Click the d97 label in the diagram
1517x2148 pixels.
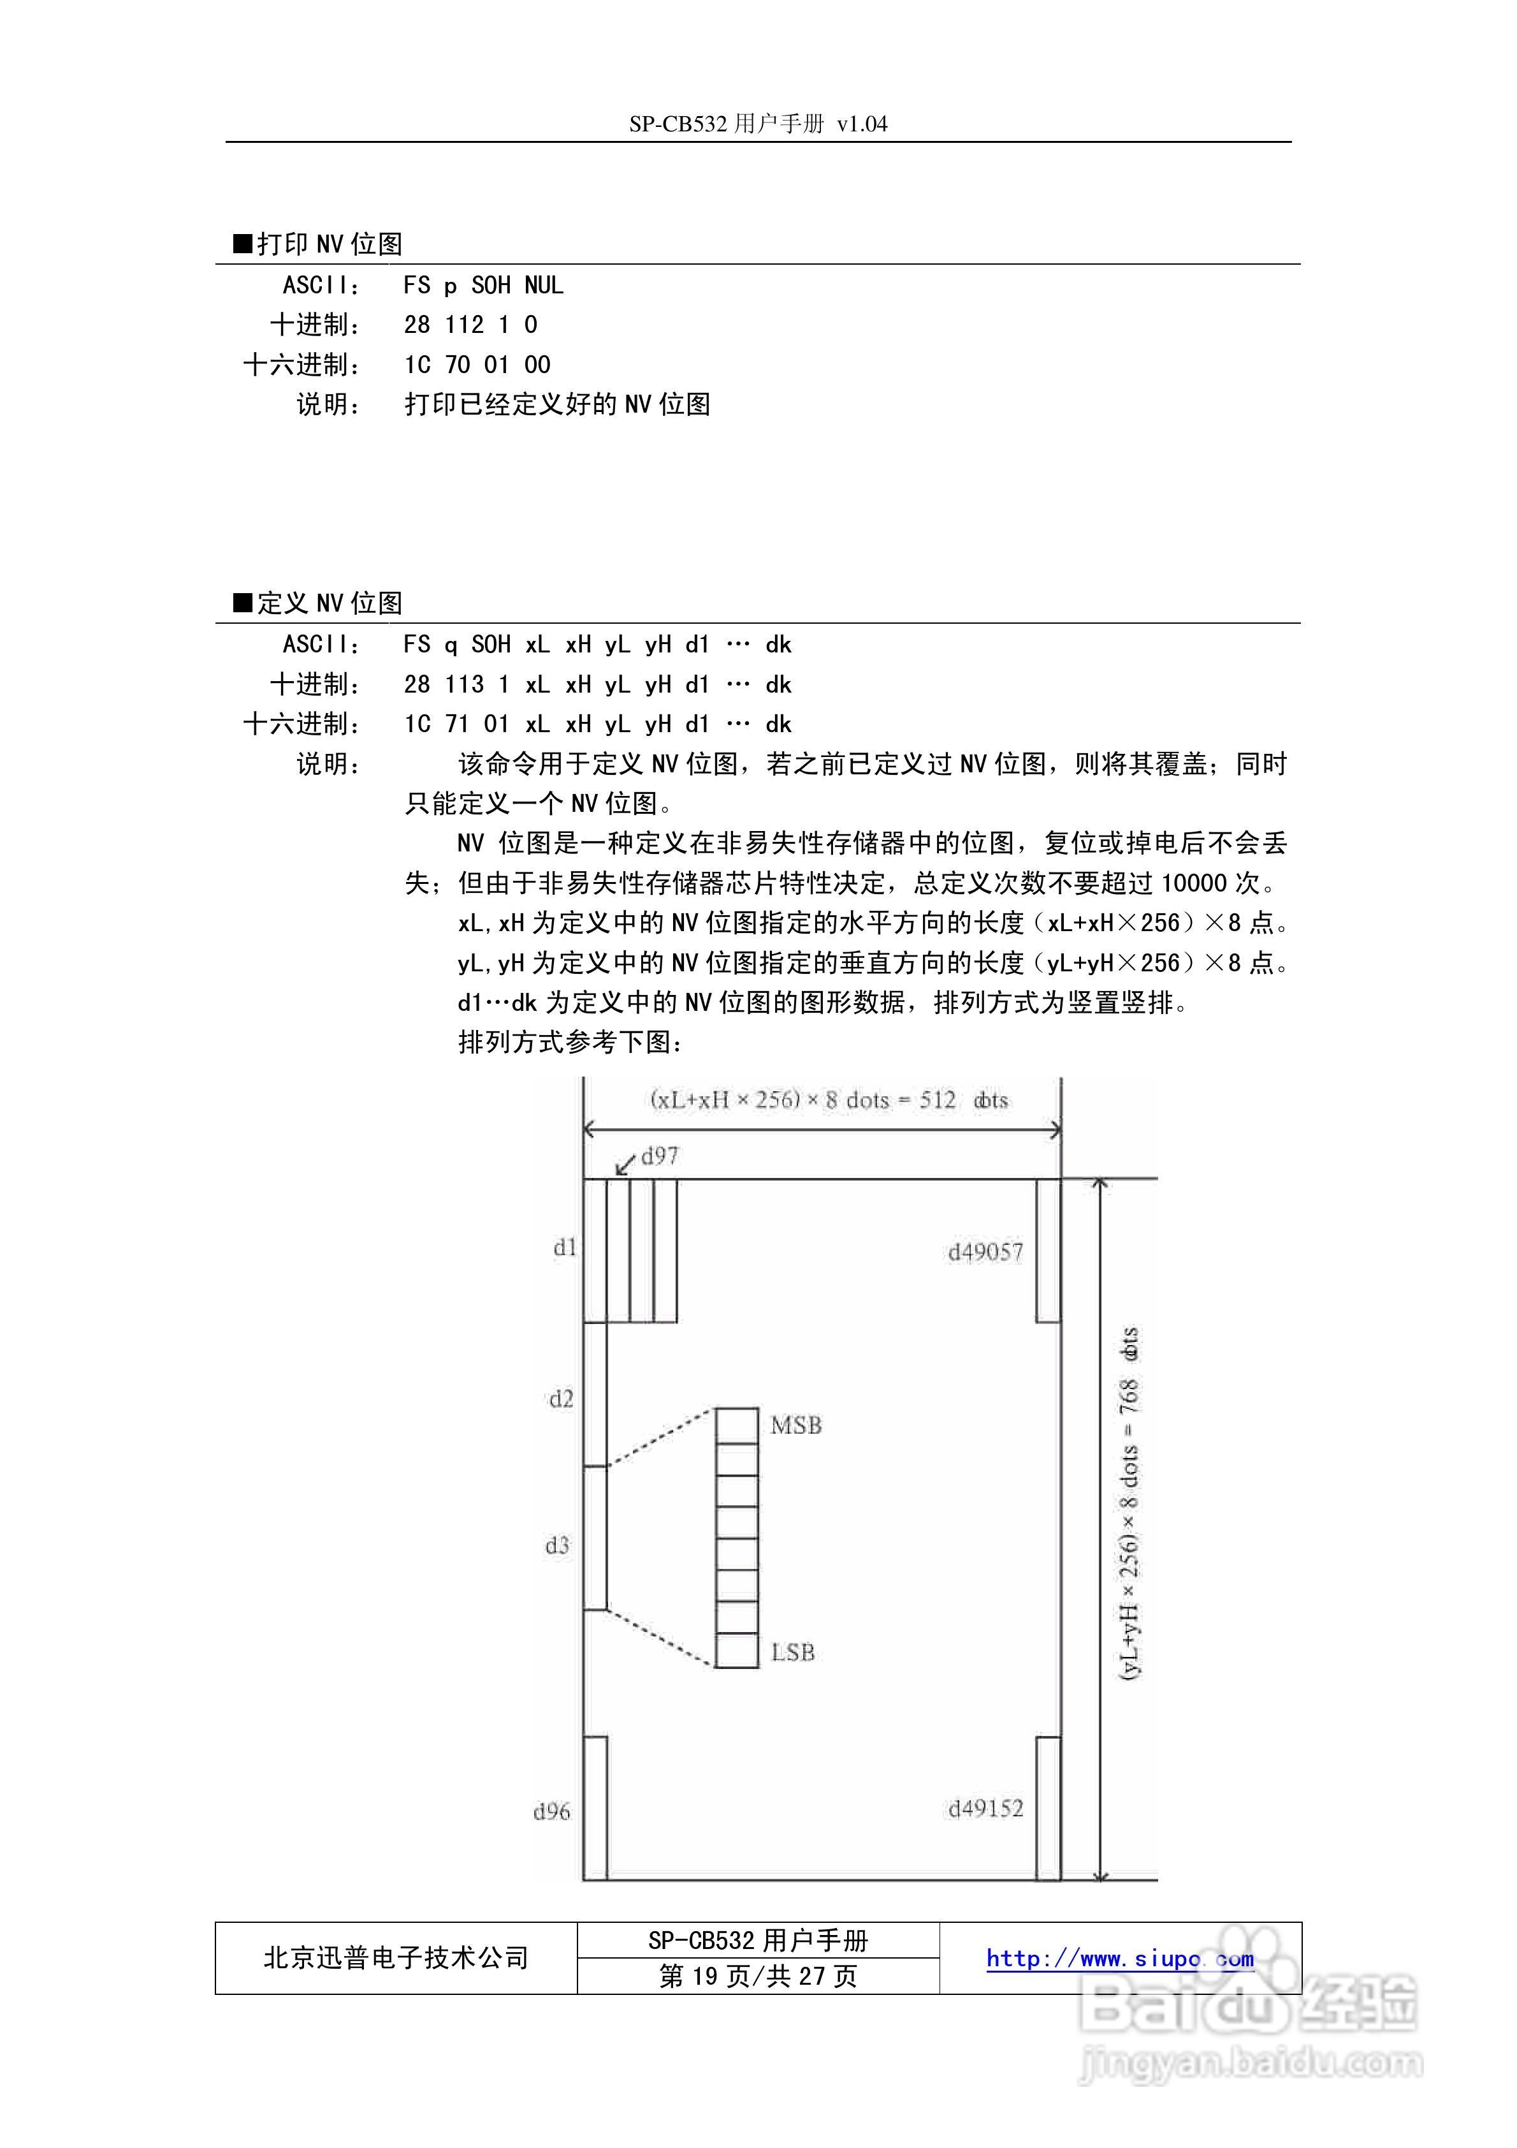click(x=659, y=1156)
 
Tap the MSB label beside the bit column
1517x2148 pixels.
click(x=796, y=1426)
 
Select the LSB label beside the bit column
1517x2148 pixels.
click(x=793, y=1652)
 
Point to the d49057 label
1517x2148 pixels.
click(x=986, y=1252)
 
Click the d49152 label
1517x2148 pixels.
click(x=986, y=1809)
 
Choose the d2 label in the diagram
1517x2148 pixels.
click(x=560, y=1399)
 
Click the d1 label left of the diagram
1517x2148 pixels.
click(x=564, y=1247)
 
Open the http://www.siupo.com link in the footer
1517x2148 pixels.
click(x=1119, y=1957)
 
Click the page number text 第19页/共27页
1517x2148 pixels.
click(x=758, y=1975)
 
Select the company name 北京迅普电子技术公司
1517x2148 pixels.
click(x=396, y=1957)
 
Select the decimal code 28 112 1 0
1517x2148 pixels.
click(x=470, y=325)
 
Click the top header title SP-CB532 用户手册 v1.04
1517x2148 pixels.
click(x=758, y=124)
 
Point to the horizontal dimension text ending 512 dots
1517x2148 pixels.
click(x=829, y=1100)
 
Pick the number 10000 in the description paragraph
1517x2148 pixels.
click(x=1193, y=883)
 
